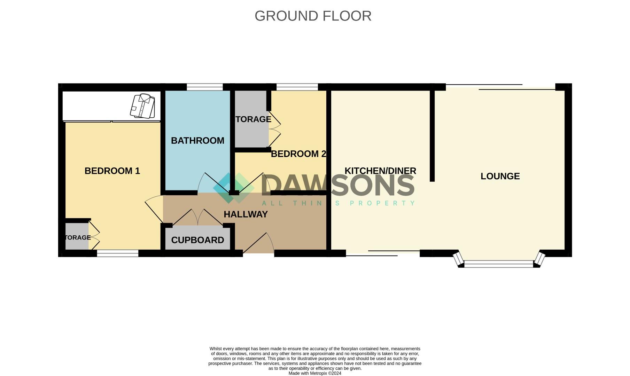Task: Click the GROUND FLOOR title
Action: pyautogui.click(x=313, y=16)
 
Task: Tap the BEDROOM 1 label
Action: pyautogui.click(x=112, y=171)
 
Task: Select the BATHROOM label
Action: pyautogui.click(x=197, y=141)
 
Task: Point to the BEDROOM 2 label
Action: pyautogui.click(x=298, y=154)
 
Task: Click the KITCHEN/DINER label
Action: pyautogui.click(x=380, y=171)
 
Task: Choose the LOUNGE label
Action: pyautogui.click(x=500, y=176)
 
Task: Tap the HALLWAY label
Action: pyautogui.click(x=246, y=214)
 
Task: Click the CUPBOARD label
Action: pyautogui.click(x=197, y=240)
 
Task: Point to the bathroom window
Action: pyautogui.click(x=204, y=87)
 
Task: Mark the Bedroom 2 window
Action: pyautogui.click(x=297, y=87)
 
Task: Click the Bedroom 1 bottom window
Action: pyautogui.click(x=117, y=253)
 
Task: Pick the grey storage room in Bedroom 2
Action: pyautogui.click(x=251, y=119)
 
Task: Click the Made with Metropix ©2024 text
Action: pyautogui.click(x=315, y=373)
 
